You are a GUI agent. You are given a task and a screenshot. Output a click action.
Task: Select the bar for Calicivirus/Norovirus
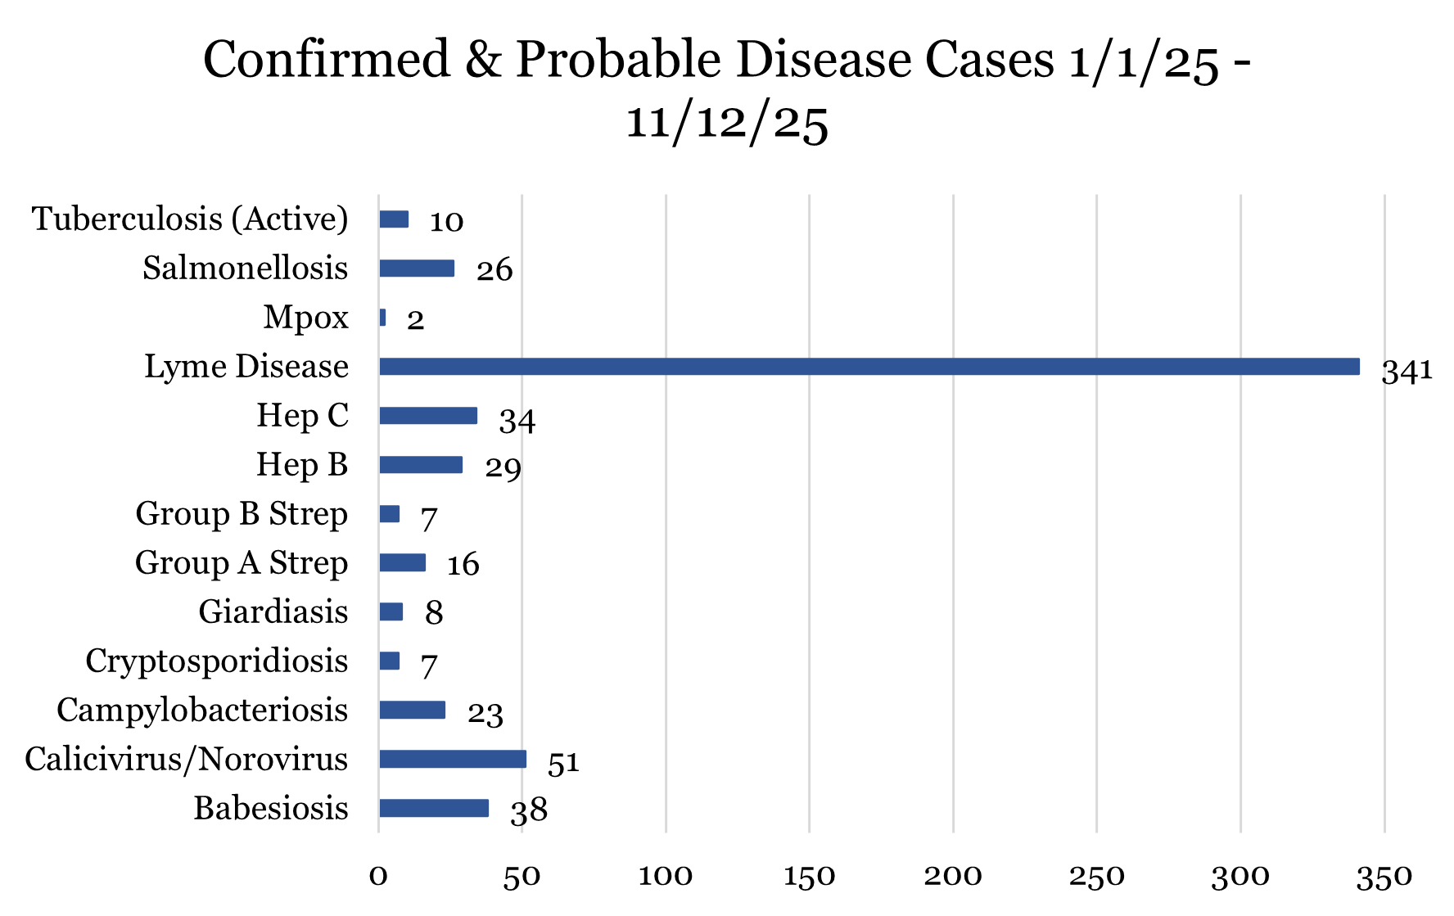click(x=452, y=760)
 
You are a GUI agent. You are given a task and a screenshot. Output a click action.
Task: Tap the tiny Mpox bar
click(x=382, y=318)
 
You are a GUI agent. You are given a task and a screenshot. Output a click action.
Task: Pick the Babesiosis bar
click(x=434, y=809)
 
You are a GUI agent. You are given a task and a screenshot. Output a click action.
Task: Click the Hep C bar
click(x=428, y=416)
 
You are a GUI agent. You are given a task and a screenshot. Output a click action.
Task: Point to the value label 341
click(x=1407, y=371)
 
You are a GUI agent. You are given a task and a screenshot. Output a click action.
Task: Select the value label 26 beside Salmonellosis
click(x=494, y=270)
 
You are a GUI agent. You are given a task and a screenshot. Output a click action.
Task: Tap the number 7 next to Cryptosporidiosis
click(x=429, y=666)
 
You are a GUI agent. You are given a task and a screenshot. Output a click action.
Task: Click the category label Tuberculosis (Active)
click(x=190, y=219)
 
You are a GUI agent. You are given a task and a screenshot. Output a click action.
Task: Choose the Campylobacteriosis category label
click(x=202, y=711)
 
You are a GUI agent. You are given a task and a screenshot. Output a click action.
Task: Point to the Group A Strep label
click(x=242, y=563)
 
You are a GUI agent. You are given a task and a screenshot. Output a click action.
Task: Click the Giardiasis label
click(x=273, y=612)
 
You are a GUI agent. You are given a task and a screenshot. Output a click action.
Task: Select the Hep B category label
click(x=302, y=465)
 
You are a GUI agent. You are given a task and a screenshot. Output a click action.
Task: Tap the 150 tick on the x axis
click(x=809, y=877)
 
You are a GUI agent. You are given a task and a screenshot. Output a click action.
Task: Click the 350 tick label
click(x=1384, y=877)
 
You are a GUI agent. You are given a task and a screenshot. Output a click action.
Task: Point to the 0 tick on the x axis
click(x=378, y=877)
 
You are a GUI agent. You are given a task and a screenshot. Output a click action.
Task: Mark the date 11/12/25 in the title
click(x=727, y=123)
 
